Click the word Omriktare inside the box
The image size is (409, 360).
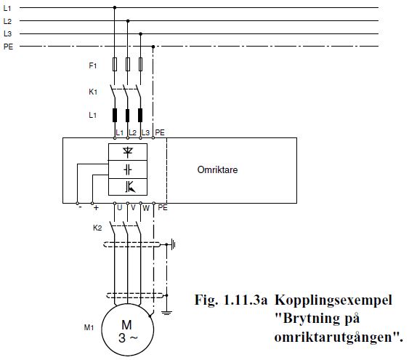click(217, 169)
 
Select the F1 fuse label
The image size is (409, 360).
click(92, 65)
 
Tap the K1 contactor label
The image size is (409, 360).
click(93, 92)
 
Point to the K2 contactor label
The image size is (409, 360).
click(97, 228)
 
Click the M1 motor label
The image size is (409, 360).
click(89, 327)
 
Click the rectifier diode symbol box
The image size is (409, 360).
click(128, 152)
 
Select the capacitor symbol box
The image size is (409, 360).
click(128, 169)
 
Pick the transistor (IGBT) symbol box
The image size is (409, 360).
click(128, 187)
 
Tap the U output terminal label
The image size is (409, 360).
click(119, 208)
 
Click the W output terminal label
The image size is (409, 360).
click(146, 208)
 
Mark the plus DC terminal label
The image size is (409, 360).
click(96, 208)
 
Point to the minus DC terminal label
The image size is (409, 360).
click(81, 207)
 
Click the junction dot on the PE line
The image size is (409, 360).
click(153, 47)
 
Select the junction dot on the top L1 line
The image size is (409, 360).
click(115, 7)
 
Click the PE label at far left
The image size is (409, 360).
click(8, 47)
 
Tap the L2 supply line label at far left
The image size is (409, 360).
click(7, 21)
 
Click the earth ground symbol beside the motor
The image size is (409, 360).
click(166, 313)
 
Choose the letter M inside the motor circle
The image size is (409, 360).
click(127, 325)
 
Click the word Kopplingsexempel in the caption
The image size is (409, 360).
click(333, 300)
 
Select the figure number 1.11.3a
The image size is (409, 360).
click(246, 300)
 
